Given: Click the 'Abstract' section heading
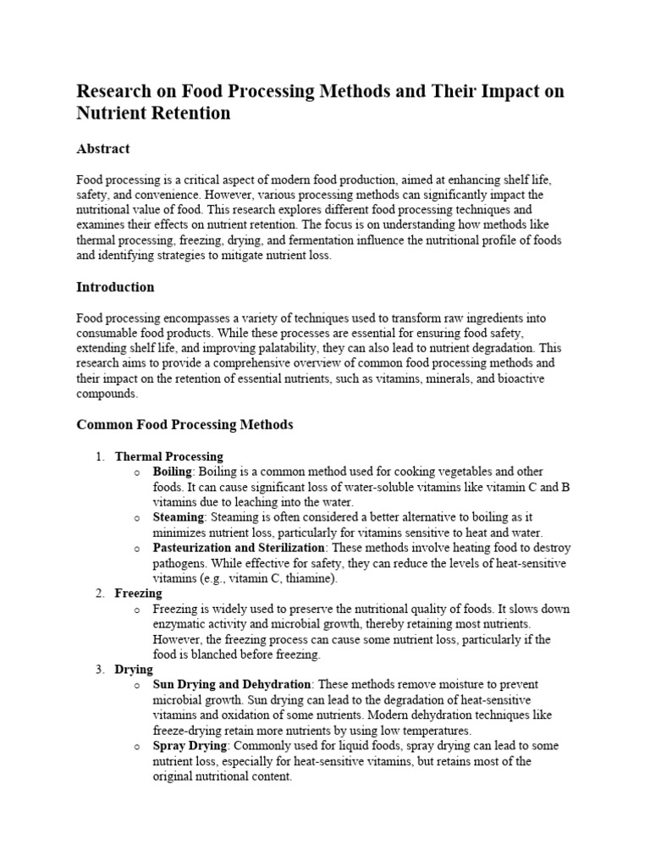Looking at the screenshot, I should [x=103, y=149].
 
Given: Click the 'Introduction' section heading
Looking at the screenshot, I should [x=115, y=287].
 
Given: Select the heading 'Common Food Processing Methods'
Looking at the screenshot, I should [x=185, y=425].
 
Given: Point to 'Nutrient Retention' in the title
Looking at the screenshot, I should [x=153, y=112].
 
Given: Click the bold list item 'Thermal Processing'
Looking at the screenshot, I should [x=168, y=456].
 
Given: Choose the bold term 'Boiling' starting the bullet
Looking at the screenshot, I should [x=173, y=472].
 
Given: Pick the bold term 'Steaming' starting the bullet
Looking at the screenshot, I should [x=178, y=517].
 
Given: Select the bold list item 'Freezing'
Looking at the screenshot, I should [x=138, y=594].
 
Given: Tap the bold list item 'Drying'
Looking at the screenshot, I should [x=134, y=670].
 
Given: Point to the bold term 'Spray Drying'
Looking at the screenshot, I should [x=190, y=746].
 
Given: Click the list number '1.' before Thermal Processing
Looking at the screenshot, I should [x=100, y=456].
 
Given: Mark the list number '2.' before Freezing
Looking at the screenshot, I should [x=100, y=594].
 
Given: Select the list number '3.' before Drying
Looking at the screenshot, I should [x=100, y=670].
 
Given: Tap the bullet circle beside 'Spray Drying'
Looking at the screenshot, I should [x=137, y=747].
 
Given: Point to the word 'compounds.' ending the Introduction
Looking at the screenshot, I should [x=106, y=394].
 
